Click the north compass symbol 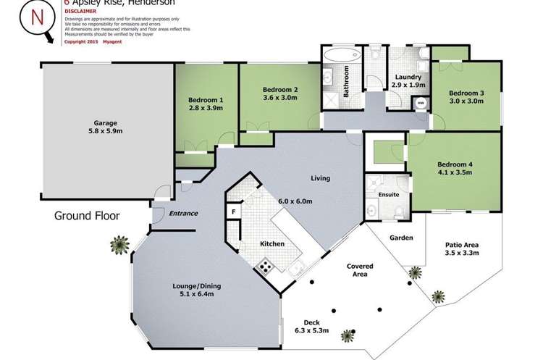point(36,20)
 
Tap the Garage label point(104,123)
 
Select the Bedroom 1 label point(206,99)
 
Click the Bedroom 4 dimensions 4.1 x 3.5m point(452,172)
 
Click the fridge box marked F point(234,212)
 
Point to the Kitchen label point(272,244)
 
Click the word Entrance point(184,214)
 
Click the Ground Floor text point(87,216)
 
